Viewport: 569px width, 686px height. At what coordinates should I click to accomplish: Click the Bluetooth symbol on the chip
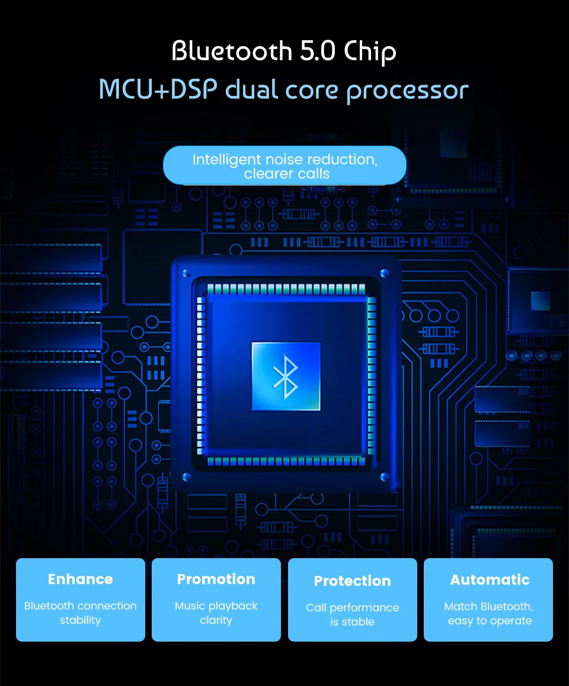(x=286, y=376)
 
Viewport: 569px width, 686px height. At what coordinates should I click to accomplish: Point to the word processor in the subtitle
(x=407, y=91)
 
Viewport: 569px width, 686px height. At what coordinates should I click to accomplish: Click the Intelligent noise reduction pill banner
(x=284, y=166)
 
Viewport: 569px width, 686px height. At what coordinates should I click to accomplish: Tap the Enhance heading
(x=80, y=579)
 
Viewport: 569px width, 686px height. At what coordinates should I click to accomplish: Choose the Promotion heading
(x=216, y=579)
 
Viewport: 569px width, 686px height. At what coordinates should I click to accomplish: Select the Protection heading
(x=352, y=581)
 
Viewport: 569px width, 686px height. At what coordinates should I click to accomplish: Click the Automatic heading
(x=490, y=579)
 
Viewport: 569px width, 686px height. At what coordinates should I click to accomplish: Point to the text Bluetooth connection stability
(x=80, y=613)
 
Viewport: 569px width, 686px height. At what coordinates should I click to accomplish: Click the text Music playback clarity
(x=216, y=613)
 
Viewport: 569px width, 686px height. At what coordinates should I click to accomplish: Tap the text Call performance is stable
(x=352, y=614)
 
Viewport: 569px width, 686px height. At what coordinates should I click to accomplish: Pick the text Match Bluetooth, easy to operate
(x=489, y=613)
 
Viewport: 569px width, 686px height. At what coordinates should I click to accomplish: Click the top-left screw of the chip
(x=186, y=273)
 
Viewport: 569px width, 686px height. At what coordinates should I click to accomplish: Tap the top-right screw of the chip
(x=384, y=273)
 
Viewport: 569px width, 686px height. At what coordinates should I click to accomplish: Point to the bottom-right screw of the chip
(x=384, y=476)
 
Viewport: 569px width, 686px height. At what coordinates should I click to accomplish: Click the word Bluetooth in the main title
(x=232, y=51)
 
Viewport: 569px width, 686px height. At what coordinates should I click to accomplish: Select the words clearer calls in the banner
(x=287, y=174)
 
